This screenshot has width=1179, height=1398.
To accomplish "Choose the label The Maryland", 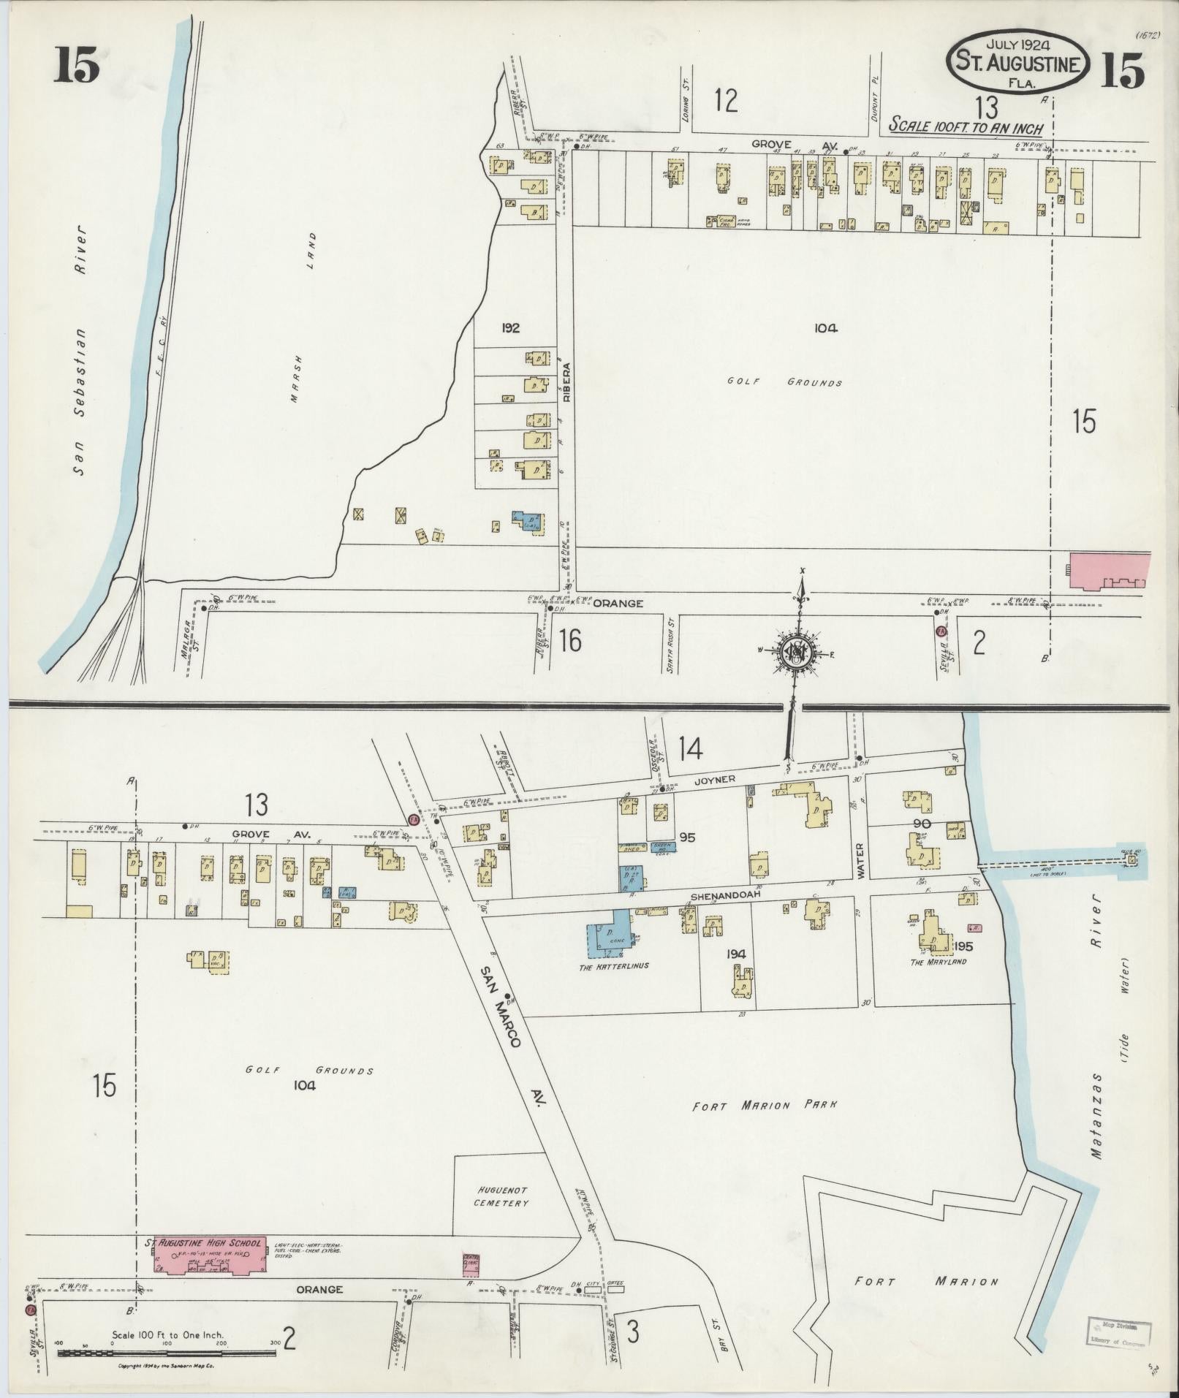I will point(939,962).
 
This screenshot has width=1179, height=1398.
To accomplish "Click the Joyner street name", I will point(715,780).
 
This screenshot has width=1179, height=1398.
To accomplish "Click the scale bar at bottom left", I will point(167,1353).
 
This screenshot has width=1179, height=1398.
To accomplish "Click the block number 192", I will point(510,328).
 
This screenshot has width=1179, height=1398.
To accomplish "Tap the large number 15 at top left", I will point(75,69).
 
